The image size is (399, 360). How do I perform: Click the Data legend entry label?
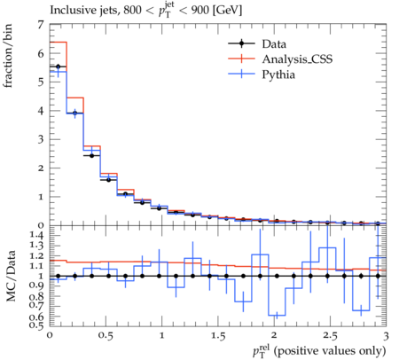[274, 44]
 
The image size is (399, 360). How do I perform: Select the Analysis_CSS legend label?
[297, 59]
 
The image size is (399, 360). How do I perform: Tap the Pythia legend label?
[278, 74]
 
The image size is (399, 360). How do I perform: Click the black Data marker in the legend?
[241, 43]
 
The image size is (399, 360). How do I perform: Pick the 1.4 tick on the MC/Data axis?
[36, 235]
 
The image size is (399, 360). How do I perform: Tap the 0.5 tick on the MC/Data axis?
[36, 325]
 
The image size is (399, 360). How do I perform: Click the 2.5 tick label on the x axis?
[330, 336]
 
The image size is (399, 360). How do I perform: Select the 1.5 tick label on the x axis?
[218, 336]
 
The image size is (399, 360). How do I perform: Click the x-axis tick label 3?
[386, 336]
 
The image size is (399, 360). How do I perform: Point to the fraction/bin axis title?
[8, 55]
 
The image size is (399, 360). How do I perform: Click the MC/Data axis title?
[11, 276]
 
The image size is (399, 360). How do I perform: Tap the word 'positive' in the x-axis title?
[299, 351]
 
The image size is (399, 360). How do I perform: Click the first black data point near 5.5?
[58, 67]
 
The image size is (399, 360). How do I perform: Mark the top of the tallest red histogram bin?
[59, 42]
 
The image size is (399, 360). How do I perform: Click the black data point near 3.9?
[75, 113]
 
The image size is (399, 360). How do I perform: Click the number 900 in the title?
[200, 10]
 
